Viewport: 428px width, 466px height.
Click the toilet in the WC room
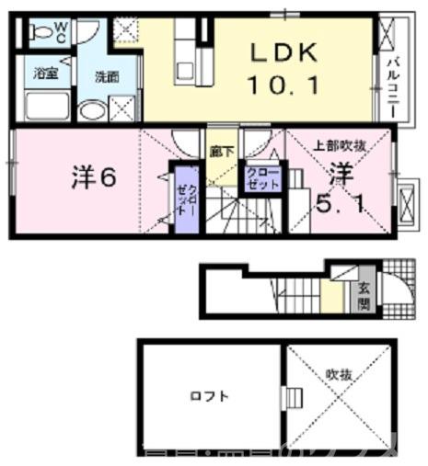coord(40,33)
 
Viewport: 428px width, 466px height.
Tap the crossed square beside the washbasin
coord(120,110)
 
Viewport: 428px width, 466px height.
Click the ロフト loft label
coord(208,396)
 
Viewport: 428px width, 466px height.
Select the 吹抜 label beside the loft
coord(338,374)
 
